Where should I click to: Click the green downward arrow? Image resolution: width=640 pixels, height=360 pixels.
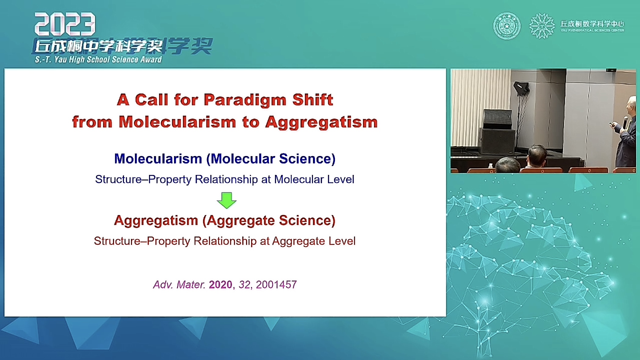coord(227,200)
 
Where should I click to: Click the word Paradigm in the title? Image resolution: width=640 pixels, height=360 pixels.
coord(245,100)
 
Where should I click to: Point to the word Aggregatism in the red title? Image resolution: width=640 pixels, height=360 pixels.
coord(322,123)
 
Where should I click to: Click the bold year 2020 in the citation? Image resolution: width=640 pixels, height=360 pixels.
coord(220,285)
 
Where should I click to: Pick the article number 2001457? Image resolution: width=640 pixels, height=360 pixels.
coord(276,285)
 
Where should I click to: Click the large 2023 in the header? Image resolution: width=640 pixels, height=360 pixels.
coord(65,24)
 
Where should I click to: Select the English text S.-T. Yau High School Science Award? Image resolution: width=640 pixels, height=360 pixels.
coord(98,59)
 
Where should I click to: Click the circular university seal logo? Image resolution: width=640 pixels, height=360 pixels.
coord(507,26)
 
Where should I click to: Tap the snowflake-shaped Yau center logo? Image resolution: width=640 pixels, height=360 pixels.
coord(542,26)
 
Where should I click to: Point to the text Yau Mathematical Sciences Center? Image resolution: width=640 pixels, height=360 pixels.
coord(592,30)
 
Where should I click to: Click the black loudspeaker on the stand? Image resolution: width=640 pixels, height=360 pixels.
coord(498,119)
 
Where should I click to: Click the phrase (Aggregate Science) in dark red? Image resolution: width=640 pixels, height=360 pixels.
coord(269,220)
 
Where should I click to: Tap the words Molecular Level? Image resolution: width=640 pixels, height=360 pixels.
coord(314,179)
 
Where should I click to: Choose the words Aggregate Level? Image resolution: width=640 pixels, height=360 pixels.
coord(314,241)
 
